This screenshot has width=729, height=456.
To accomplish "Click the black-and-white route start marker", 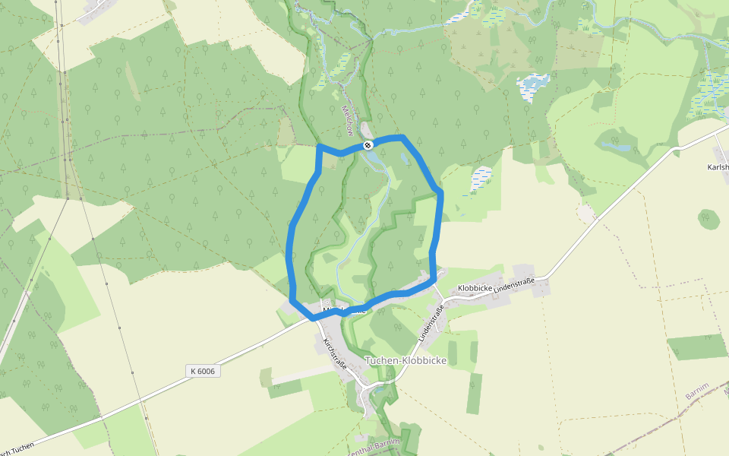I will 368,144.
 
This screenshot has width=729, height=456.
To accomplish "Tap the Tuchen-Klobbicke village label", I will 406,360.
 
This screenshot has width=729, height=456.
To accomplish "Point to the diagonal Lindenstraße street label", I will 430,323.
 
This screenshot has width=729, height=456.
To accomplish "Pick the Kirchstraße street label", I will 335,353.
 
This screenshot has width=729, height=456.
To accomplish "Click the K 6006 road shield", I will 203,371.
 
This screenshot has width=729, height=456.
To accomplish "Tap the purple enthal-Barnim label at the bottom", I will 373,449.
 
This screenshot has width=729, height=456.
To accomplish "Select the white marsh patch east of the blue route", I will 481,179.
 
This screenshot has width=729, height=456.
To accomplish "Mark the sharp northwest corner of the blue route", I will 319,145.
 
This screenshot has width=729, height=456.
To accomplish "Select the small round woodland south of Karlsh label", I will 708,219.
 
